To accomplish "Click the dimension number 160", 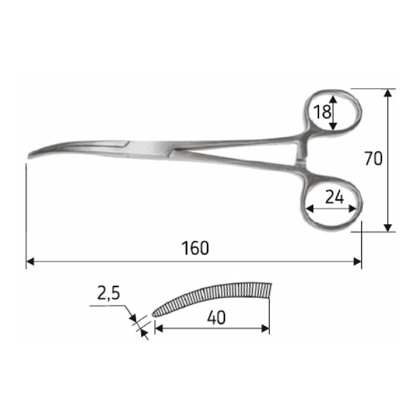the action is pyautogui.click(x=195, y=248).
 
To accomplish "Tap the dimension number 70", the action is pyautogui.click(x=373, y=159).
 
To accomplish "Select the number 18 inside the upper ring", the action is pyautogui.click(x=322, y=112).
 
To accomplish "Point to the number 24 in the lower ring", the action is pyautogui.click(x=334, y=198).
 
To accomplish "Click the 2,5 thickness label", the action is pyautogui.click(x=109, y=294).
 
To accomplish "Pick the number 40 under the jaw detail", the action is pyautogui.click(x=216, y=318).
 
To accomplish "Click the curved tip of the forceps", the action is pyautogui.click(x=29, y=155).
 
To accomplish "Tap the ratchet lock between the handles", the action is pyautogui.click(x=301, y=153).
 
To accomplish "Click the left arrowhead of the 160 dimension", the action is pyautogui.click(x=30, y=261).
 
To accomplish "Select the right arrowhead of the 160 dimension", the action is pyautogui.click(x=358, y=261).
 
